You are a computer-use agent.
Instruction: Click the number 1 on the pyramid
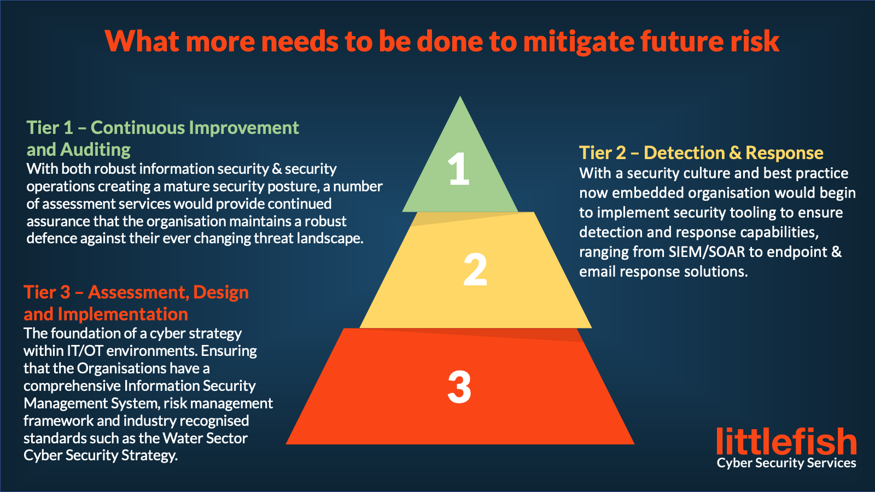coord(459,168)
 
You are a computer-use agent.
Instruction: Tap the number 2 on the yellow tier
coord(475,269)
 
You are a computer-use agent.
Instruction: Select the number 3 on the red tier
coord(459,387)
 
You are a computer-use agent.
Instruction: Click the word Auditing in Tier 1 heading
coord(95,150)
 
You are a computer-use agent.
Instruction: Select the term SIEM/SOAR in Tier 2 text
coord(707,252)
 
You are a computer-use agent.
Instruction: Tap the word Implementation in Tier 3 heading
coord(122,314)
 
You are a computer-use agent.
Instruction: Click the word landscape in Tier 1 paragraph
coord(330,238)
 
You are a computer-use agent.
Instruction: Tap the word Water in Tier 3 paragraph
coord(182,438)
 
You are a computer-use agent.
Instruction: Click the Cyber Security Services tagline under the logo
coord(786,463)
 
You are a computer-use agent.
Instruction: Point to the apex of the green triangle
coord(460,96)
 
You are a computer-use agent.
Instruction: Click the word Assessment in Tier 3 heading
coord(139,292)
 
